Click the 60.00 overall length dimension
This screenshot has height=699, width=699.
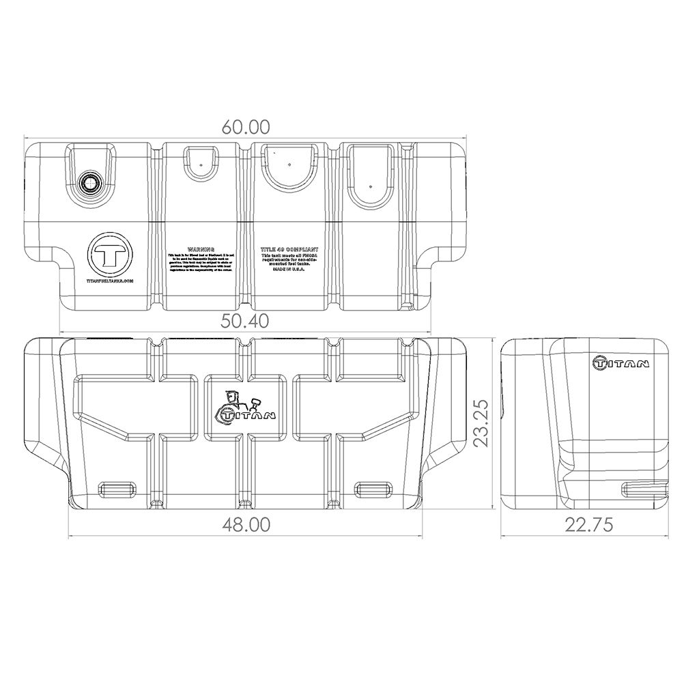tap(246, 127)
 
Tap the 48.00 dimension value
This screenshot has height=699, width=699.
tap(246, 524)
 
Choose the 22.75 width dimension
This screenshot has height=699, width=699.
tap(588, 524)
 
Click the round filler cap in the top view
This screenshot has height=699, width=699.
tap(89, 182)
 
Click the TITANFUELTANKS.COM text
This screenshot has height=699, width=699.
tap(110, 281)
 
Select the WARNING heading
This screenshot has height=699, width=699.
tap(201, 251)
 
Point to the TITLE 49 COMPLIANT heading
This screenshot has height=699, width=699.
tap(289, 251)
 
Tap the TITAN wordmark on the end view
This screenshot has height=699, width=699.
tap(620, 362)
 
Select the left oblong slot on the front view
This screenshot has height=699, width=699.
tap(117, 487)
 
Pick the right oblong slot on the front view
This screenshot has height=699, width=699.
tap(373, 487)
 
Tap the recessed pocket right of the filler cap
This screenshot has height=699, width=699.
tap(201, 162)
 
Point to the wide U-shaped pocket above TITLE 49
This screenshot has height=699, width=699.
tap(289, 167)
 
